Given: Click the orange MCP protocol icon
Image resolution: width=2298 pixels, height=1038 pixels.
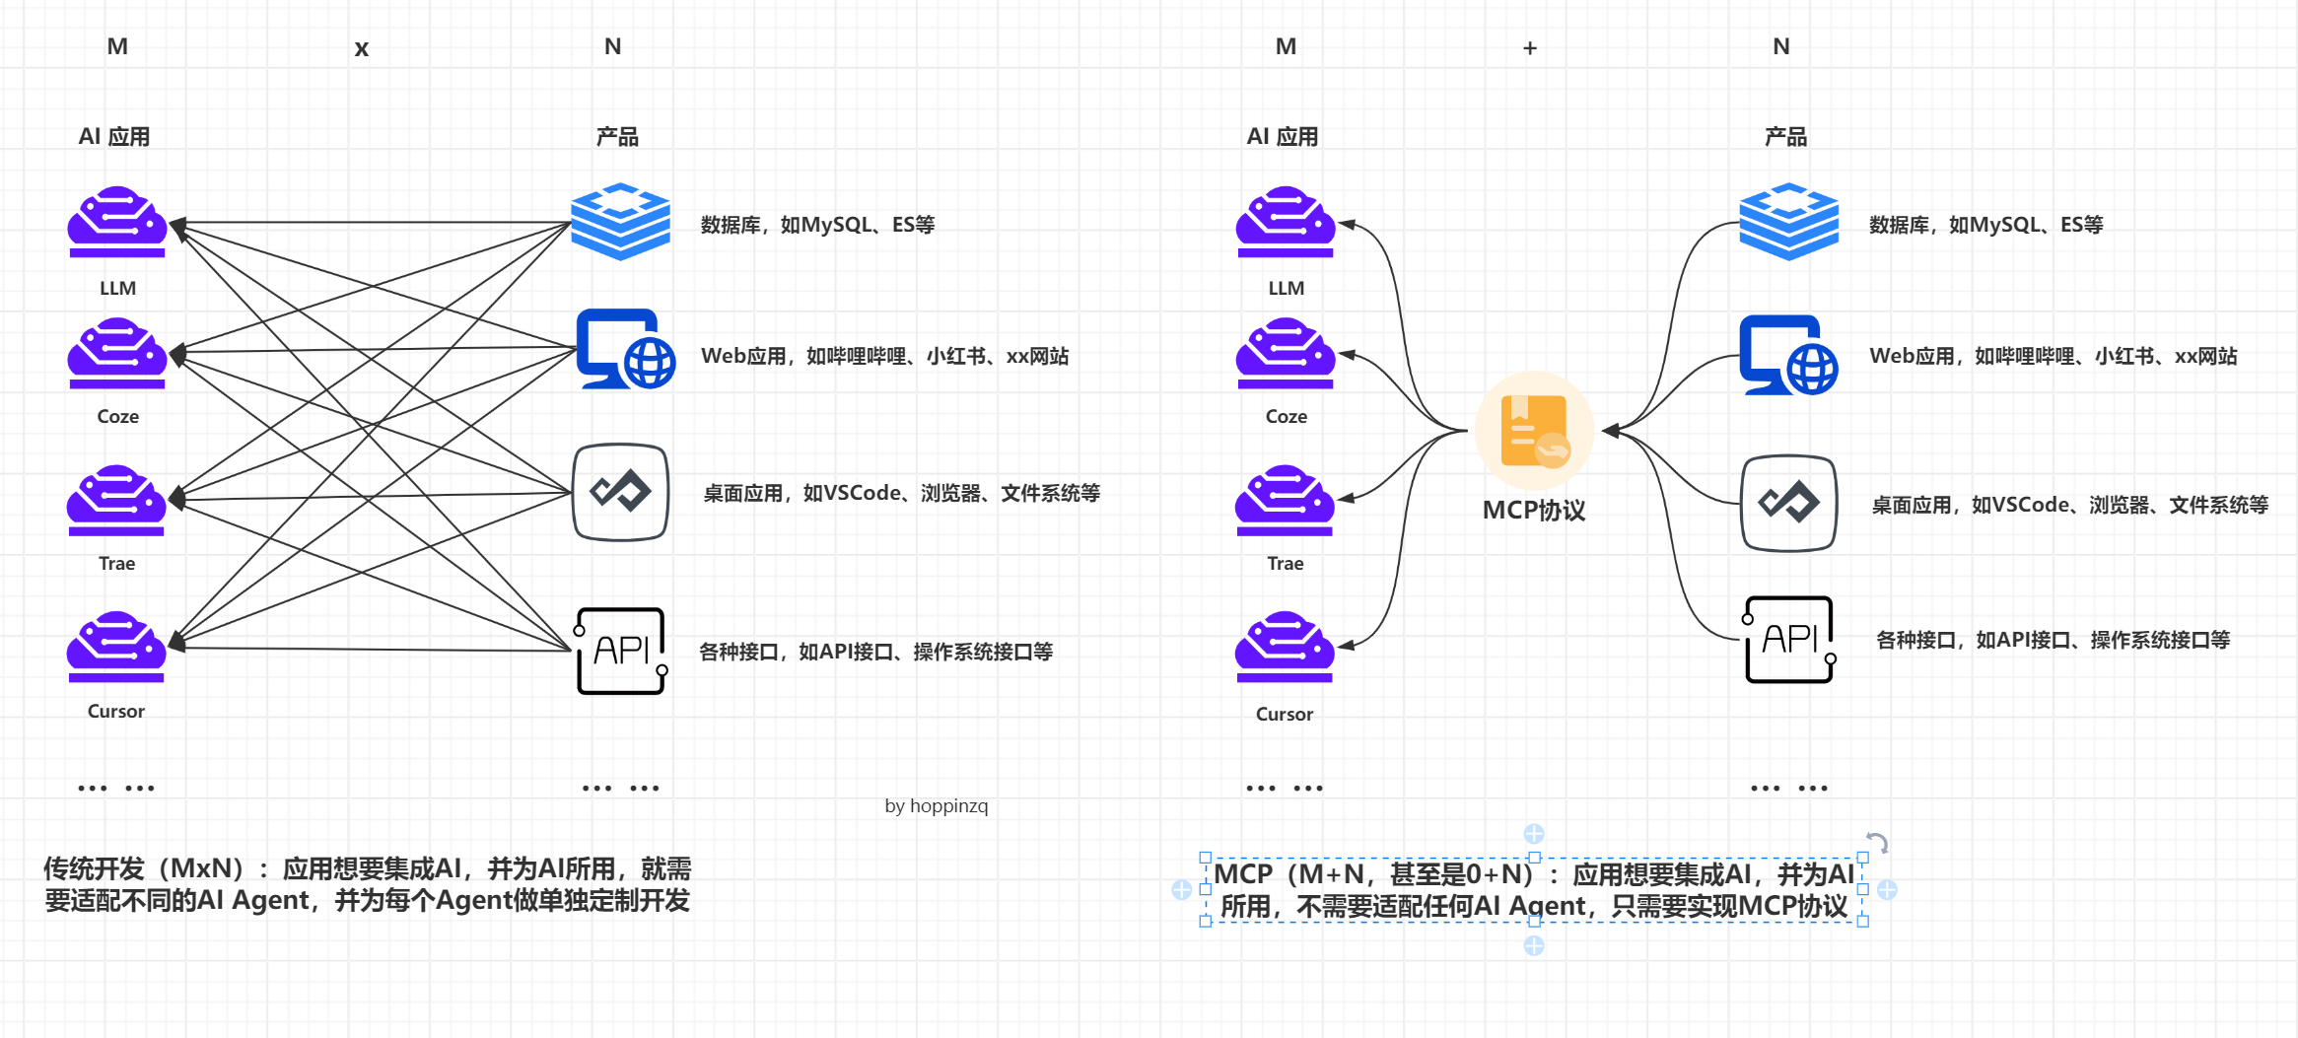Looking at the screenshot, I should click(x=1534, y=431).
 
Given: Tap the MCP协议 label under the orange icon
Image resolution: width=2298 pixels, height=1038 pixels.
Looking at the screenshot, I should click(x=1534, y=511).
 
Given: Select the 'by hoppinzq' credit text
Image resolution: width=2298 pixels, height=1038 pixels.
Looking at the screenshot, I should click(x=936, y=806).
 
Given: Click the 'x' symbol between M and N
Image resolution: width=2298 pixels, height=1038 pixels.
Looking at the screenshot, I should click(x=362, y=48).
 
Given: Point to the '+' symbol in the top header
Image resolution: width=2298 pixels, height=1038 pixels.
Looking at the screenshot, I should click(x=1530, y=48).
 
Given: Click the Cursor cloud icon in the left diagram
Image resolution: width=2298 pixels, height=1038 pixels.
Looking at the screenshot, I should click(x=116, y=647).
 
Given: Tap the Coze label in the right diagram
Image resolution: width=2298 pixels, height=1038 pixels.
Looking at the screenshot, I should click(x=1286, y=417).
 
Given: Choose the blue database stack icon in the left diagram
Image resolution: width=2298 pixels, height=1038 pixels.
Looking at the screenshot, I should click(x=620, y=222).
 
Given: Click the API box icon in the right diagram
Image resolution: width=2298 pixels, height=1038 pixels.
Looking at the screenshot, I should click(x=1789, y=640).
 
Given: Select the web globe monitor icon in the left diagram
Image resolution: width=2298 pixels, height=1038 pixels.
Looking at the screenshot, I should click(x=626, y=349).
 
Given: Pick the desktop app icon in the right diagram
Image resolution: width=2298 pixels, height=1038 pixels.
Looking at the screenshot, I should click(x=1788, y=503).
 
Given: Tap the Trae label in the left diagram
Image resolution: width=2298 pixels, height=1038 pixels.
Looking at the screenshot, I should click(x=116, y=564).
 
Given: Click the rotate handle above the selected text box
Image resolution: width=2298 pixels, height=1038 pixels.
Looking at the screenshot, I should click(x=1877, y=843).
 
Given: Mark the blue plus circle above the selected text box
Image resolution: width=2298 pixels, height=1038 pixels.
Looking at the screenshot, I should click(x=1534, y=834).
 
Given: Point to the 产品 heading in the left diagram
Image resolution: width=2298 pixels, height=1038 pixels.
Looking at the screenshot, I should click(x=617, y=137).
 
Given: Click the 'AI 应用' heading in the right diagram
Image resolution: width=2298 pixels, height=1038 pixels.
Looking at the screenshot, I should click(x=1282, y=137).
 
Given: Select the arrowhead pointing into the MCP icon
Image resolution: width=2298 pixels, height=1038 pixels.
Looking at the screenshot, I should click(x=1611, y=431).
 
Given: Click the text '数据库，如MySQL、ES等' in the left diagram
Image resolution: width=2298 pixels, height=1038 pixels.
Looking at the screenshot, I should click(x=817, y=226).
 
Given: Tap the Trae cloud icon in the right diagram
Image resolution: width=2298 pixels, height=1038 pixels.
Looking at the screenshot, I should click(x=1285, y=500).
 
